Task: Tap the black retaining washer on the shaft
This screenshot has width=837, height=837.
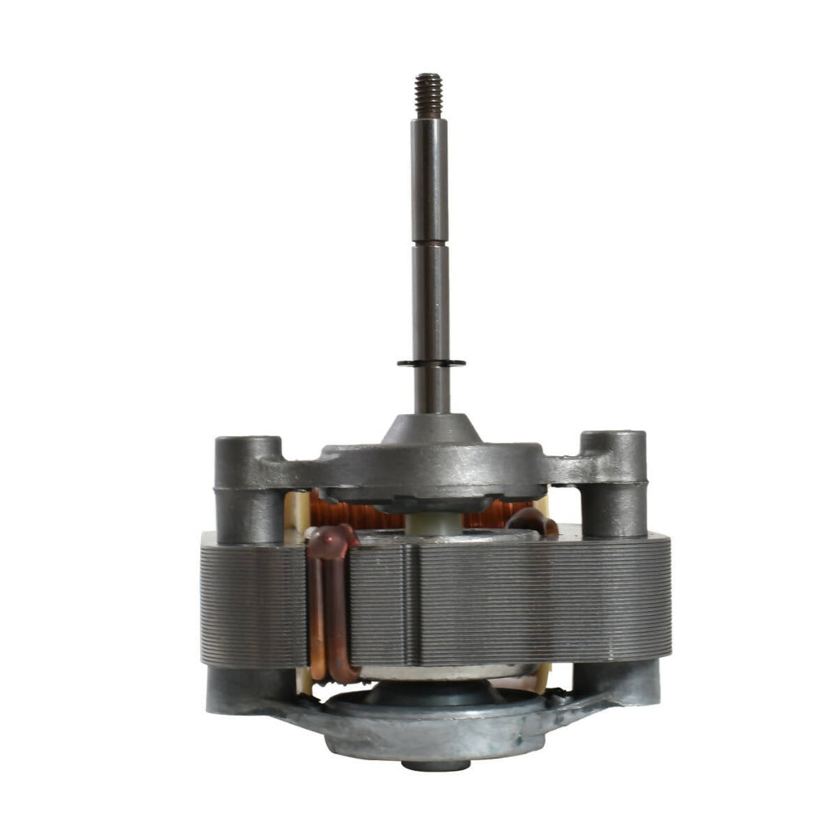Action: pyautogui.click(x=431, y=362)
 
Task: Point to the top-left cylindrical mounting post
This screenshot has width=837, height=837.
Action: pyautogui.click(x=249, y=485)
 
